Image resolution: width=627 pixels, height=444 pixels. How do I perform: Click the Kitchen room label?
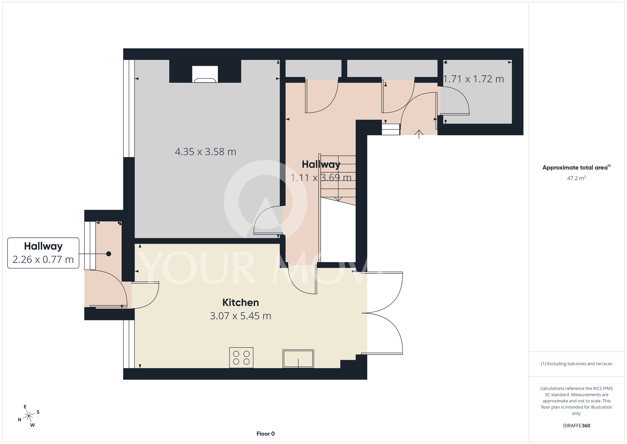pyautogui.click(x=240, y=302)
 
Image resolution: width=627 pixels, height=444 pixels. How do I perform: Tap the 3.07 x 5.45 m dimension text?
pyautogui.click(x=240, y=316)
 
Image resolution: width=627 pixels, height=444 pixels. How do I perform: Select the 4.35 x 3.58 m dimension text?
pyautogui.click(x=205, y=152)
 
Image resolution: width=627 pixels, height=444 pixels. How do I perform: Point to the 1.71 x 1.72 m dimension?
pyautogui.click(x=473, y=79)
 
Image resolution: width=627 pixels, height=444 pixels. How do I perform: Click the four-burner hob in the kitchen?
pyautogui.click(x=241, y=357)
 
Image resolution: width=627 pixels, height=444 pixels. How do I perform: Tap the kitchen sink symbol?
pyautogui.click(x=298, y=359)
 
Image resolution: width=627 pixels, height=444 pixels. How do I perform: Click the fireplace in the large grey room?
pyautogui.click(x=205, y=74)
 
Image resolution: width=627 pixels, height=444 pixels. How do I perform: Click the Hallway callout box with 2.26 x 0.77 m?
pyautogui.click(x=43, y=253)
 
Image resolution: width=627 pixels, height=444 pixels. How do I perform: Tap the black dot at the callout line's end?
pyautogui.click(x=108, y=254)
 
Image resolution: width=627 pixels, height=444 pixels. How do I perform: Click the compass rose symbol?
pyautogui.click(x=29, y=416)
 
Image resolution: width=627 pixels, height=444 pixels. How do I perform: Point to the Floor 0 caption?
pyautogui.click(x=266, y=434)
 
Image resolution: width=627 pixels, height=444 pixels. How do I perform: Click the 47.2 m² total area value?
pyautogui.click(x=577, y=178)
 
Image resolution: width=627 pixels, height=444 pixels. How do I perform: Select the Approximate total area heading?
pyautogui.click(x=576, y=167)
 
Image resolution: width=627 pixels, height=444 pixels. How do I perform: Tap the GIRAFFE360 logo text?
pyautogui.click(x=577, y=426)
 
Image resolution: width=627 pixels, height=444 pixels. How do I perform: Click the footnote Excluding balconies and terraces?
pyautogui.click(x=577, y=364)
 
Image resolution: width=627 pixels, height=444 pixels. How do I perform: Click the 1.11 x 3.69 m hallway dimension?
pyautogui.click(x=321, y=178)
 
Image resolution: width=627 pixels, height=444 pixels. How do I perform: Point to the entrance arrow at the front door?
pyautogui.click(x=419, y=134)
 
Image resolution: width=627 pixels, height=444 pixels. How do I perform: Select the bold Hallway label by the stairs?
pyautogui.click(x=321, y=164)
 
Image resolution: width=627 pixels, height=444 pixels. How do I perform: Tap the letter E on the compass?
pyautogui.click(x=25, y=407)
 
